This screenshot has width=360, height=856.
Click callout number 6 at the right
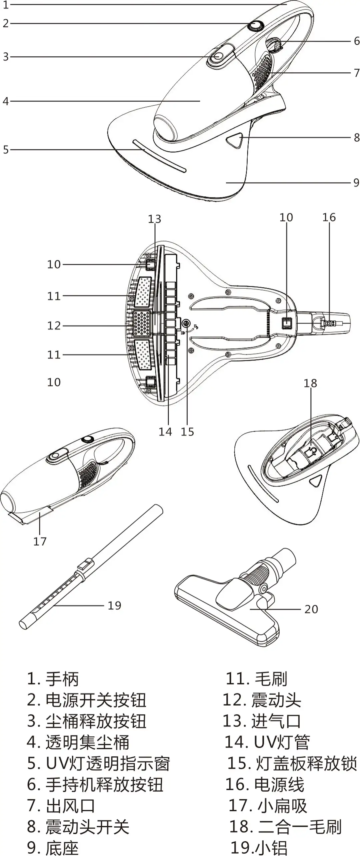click(x=356, y=41)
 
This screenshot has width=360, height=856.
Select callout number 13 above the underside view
click(x=154, y=219)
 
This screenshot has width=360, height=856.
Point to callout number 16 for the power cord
click(x=329, y=217)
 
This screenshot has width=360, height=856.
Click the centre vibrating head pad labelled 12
click(x=142, y=323)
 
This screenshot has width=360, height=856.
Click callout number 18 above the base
click(x=310, y=383)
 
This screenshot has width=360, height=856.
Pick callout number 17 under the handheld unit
click(x=40, y=541)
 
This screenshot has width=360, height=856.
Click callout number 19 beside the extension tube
click(x=114, y=606)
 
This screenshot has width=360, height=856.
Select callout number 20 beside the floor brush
click(x=311, y=609)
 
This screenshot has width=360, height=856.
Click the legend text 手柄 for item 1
click(x=62, y=679)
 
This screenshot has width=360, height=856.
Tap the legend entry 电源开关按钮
click(x=96, y=700)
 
